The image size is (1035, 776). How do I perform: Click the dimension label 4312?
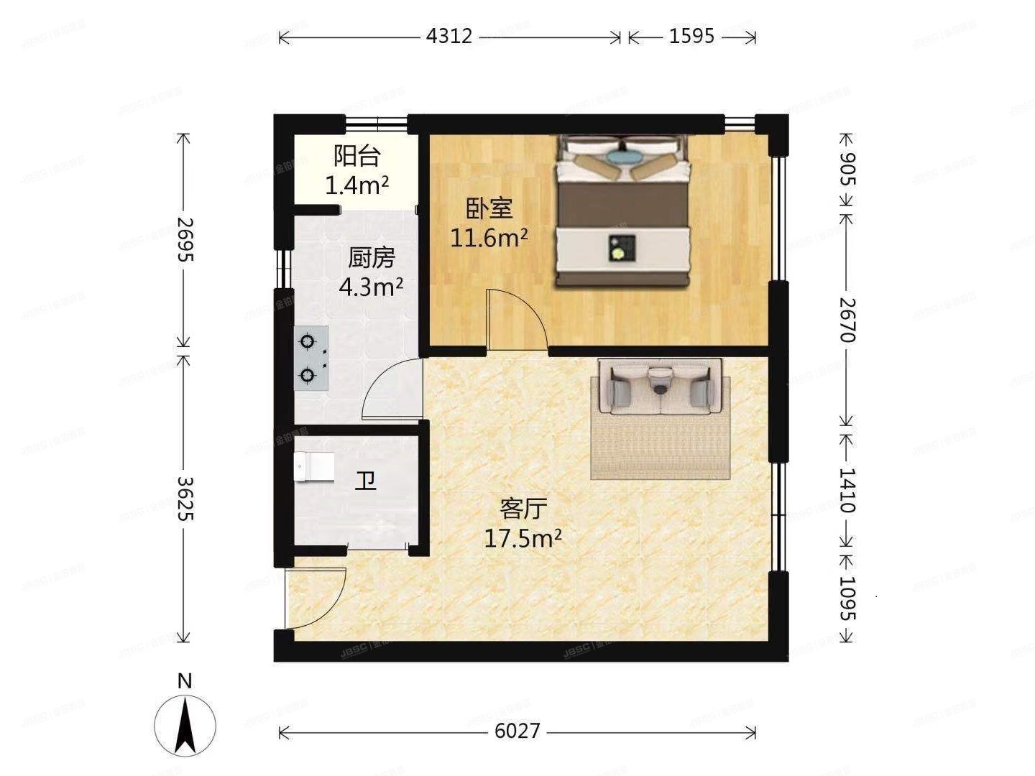tap(449, 36)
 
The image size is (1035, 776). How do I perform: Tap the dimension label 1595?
tap(691, 36)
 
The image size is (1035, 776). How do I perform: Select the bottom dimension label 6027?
tap(517, 731)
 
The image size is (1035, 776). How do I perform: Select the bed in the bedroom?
tap(622, 212)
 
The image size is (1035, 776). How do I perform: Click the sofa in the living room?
tap(659, 388)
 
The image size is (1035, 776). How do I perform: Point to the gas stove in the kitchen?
tap(311, 358)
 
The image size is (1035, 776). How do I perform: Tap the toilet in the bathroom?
tap(315, 466)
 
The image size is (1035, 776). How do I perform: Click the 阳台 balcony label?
tap(356, 157)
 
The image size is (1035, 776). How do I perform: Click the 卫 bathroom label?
tap(367, 481)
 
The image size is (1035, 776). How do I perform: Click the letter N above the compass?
tap(185, 681)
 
